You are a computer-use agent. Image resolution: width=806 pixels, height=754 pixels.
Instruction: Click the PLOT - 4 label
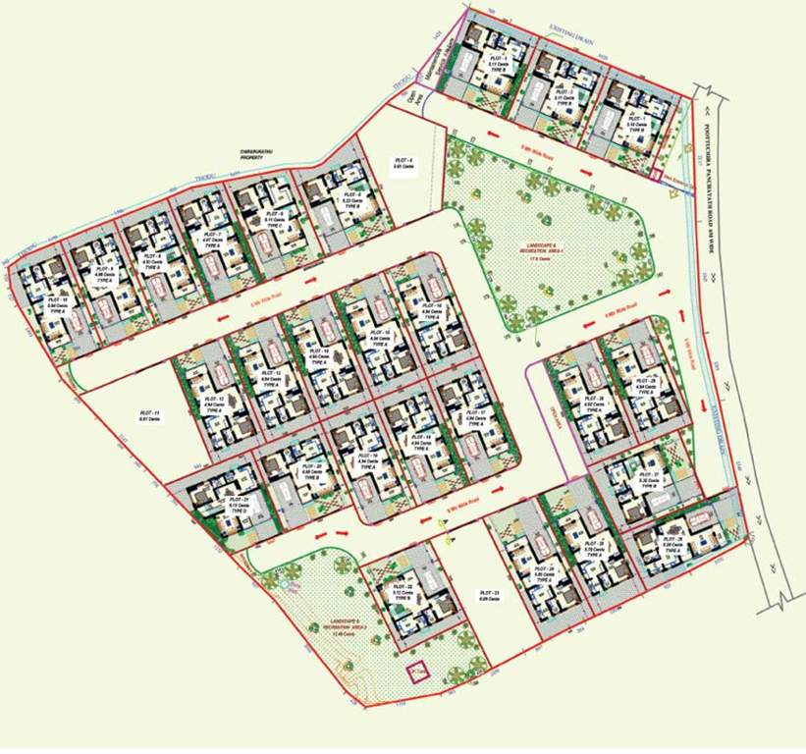pos(403,161)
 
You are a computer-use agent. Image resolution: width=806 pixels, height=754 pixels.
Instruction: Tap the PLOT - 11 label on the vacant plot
pos(150,413)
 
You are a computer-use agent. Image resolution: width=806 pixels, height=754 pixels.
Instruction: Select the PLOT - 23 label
pos(490,594)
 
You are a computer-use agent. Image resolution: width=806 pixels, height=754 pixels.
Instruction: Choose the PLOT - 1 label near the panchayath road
pos(637,119)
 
